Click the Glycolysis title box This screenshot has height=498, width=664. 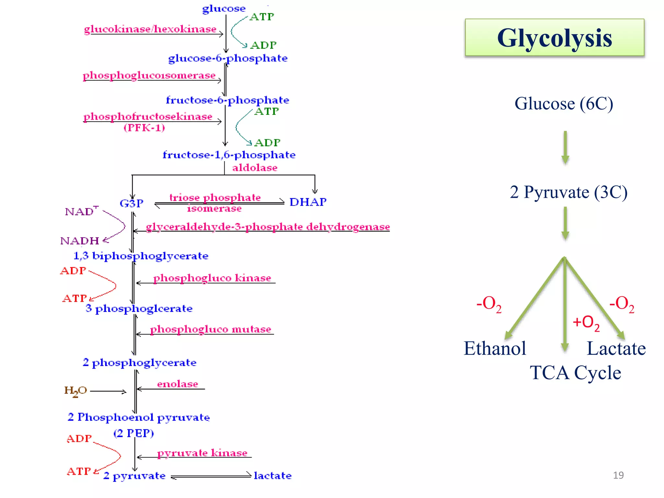pos(554,38)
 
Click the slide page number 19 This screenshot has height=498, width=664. pos(618,475)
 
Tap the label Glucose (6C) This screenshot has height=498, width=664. pos(564,104)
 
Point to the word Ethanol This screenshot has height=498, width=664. pos(495,349)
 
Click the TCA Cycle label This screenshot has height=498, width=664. pos(575,373)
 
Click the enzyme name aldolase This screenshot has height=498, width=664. pos(255,168)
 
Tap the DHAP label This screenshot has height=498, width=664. pos(308,202)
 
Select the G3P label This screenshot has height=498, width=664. pos(131,203)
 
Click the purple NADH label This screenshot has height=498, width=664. pos(80,241)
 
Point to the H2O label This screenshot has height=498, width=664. pos(76,391)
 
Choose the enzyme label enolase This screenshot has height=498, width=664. pos(178,384)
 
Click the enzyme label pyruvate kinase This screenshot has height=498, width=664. pos(202,453)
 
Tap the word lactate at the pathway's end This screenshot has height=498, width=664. pos(273,476)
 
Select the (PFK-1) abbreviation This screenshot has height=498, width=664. pos(144,127)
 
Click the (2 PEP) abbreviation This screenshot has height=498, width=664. pos(134,433)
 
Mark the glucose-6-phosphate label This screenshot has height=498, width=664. pos(228,58)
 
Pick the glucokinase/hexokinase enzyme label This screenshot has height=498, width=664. pos(150,29)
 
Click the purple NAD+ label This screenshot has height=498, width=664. pos(81,211)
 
